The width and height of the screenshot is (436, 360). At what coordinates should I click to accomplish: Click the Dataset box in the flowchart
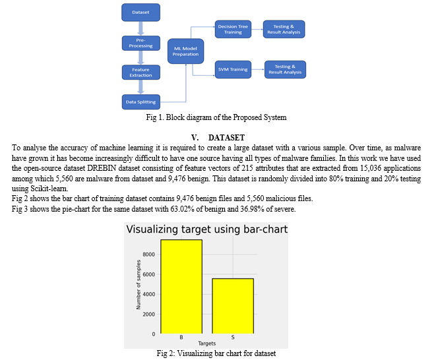(x=140, y=13)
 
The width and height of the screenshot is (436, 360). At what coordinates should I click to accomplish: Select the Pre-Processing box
(x=141, y=43)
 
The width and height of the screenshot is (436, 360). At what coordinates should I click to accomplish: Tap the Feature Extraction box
(x=141, y=73)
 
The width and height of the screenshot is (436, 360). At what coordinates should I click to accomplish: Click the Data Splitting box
(x=141, y=102)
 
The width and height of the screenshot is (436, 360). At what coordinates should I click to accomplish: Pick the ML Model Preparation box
(x=185, y=51)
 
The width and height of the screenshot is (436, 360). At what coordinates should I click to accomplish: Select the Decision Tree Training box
(x=233, y=29)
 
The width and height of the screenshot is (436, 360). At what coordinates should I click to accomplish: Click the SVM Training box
(x=233, y=69)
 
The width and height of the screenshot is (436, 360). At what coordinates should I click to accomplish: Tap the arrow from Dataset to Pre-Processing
(x=141, y=28)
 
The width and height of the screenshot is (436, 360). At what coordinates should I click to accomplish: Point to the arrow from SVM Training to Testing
(x=258, y=69)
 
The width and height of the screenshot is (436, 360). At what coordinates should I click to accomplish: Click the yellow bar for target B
(x=181, y=287)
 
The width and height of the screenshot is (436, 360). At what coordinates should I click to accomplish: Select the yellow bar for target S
(x=233, y=306)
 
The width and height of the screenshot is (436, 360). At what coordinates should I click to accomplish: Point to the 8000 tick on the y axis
(x=149, y=255)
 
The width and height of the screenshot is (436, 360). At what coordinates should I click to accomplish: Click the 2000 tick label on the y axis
(x=149, y=314)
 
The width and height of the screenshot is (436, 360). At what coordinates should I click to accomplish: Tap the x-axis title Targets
(x=207, y=344)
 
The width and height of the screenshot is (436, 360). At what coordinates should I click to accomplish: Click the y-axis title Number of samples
(x=139, y=284)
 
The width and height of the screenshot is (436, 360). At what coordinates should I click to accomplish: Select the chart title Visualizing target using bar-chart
(x=207, y=229)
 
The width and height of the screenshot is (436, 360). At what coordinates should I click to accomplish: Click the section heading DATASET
(x=227, y=138)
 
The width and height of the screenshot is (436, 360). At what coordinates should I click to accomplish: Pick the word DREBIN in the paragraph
(x=102, y=168)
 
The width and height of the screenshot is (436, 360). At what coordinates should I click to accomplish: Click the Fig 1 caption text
(x=216, y=117)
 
